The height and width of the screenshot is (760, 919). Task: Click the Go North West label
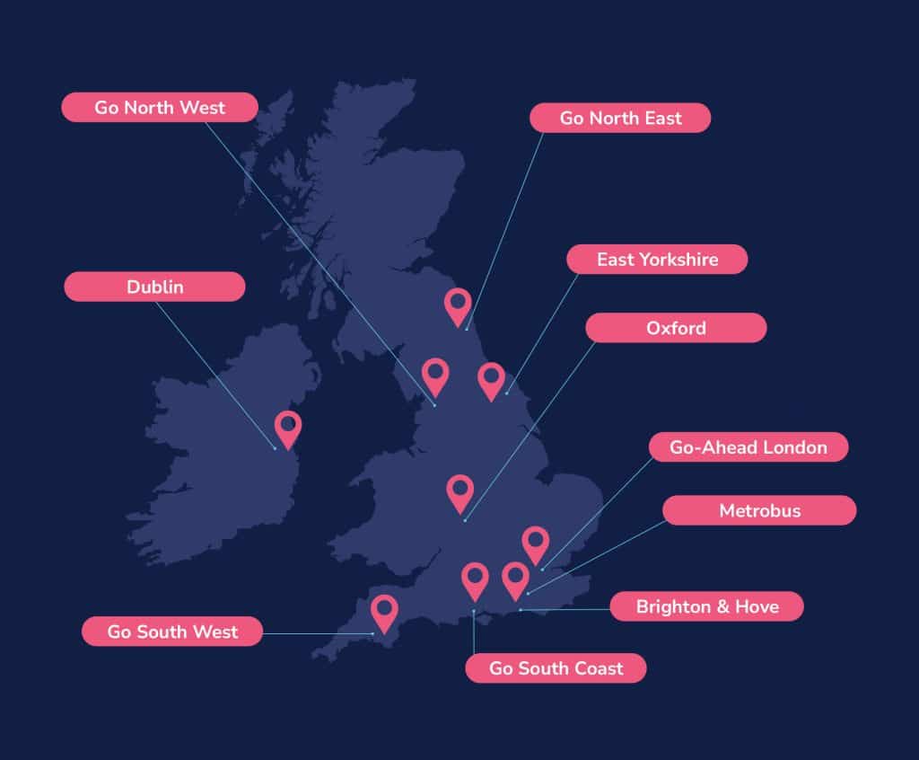[x=160, y=108]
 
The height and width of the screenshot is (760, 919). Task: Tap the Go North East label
[x=620, y=118]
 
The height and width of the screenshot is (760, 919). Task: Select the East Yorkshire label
[x=657, y=260]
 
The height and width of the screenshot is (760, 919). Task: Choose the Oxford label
[x=676, y=328]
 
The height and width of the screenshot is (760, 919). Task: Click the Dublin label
[x=154, y=287]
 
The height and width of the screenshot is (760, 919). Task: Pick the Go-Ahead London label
[x=748, y=446]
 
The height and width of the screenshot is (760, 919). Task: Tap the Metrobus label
[x=759, y=511]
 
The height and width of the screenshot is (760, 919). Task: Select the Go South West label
[x=172, y=632]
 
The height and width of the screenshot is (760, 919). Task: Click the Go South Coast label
[x=556, y=668]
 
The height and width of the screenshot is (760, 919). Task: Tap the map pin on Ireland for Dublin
[x=288, y=428]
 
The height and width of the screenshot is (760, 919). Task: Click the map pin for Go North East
[x=458, y=305]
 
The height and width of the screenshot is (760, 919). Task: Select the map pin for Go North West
[x=435, y=376]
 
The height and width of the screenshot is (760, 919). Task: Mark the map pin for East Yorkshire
[x=491, y=379]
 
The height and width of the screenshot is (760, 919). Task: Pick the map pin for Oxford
[x=459, y=491]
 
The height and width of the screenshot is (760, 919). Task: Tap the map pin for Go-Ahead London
[x=536, y=543]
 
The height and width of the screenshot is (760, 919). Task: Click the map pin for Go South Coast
[x=475, y=579]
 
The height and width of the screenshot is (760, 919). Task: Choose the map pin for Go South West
[x=385, y=613]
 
